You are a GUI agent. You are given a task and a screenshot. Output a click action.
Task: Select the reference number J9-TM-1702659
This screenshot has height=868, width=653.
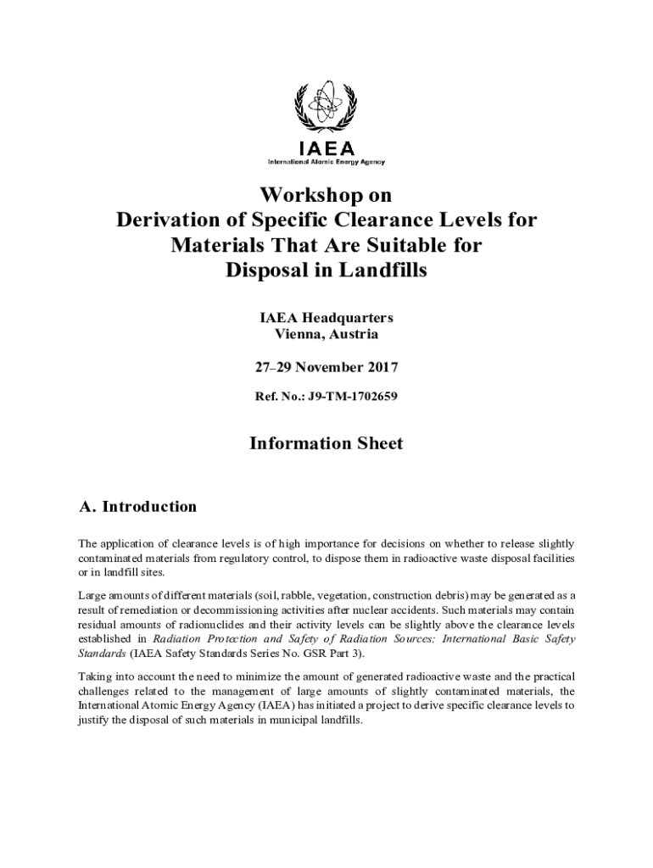click(350, 396)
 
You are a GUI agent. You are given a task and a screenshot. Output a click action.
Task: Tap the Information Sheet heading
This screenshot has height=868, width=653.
click(326, 443)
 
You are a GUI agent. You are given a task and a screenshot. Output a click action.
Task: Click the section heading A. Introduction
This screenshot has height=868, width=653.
click(137, 507)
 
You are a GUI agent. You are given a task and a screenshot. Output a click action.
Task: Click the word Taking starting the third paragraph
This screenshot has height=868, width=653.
click(95, 676)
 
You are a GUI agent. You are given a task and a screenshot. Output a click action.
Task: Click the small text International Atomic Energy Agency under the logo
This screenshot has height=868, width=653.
click(326, 161)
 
